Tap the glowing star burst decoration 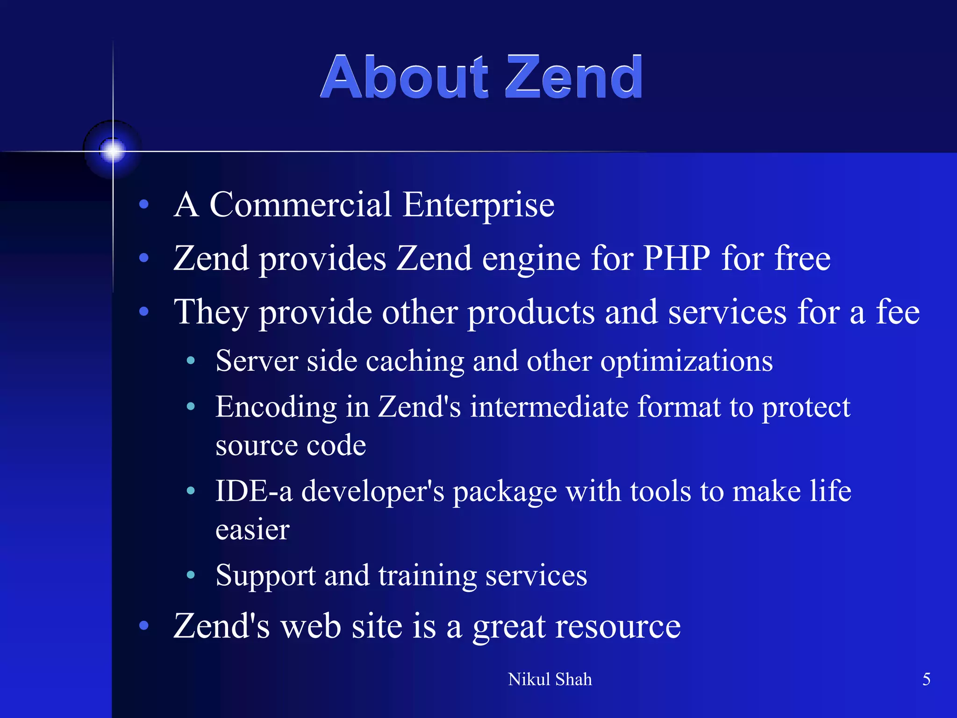coord(113,151)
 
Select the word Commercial coord(300,205)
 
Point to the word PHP coord(676,258)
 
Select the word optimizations coord(686,362)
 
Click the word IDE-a coord(254,491)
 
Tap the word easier coord(252,530)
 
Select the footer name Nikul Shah coord(550,679)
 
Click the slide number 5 coord(926,679)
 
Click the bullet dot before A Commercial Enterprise coord(144,204)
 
